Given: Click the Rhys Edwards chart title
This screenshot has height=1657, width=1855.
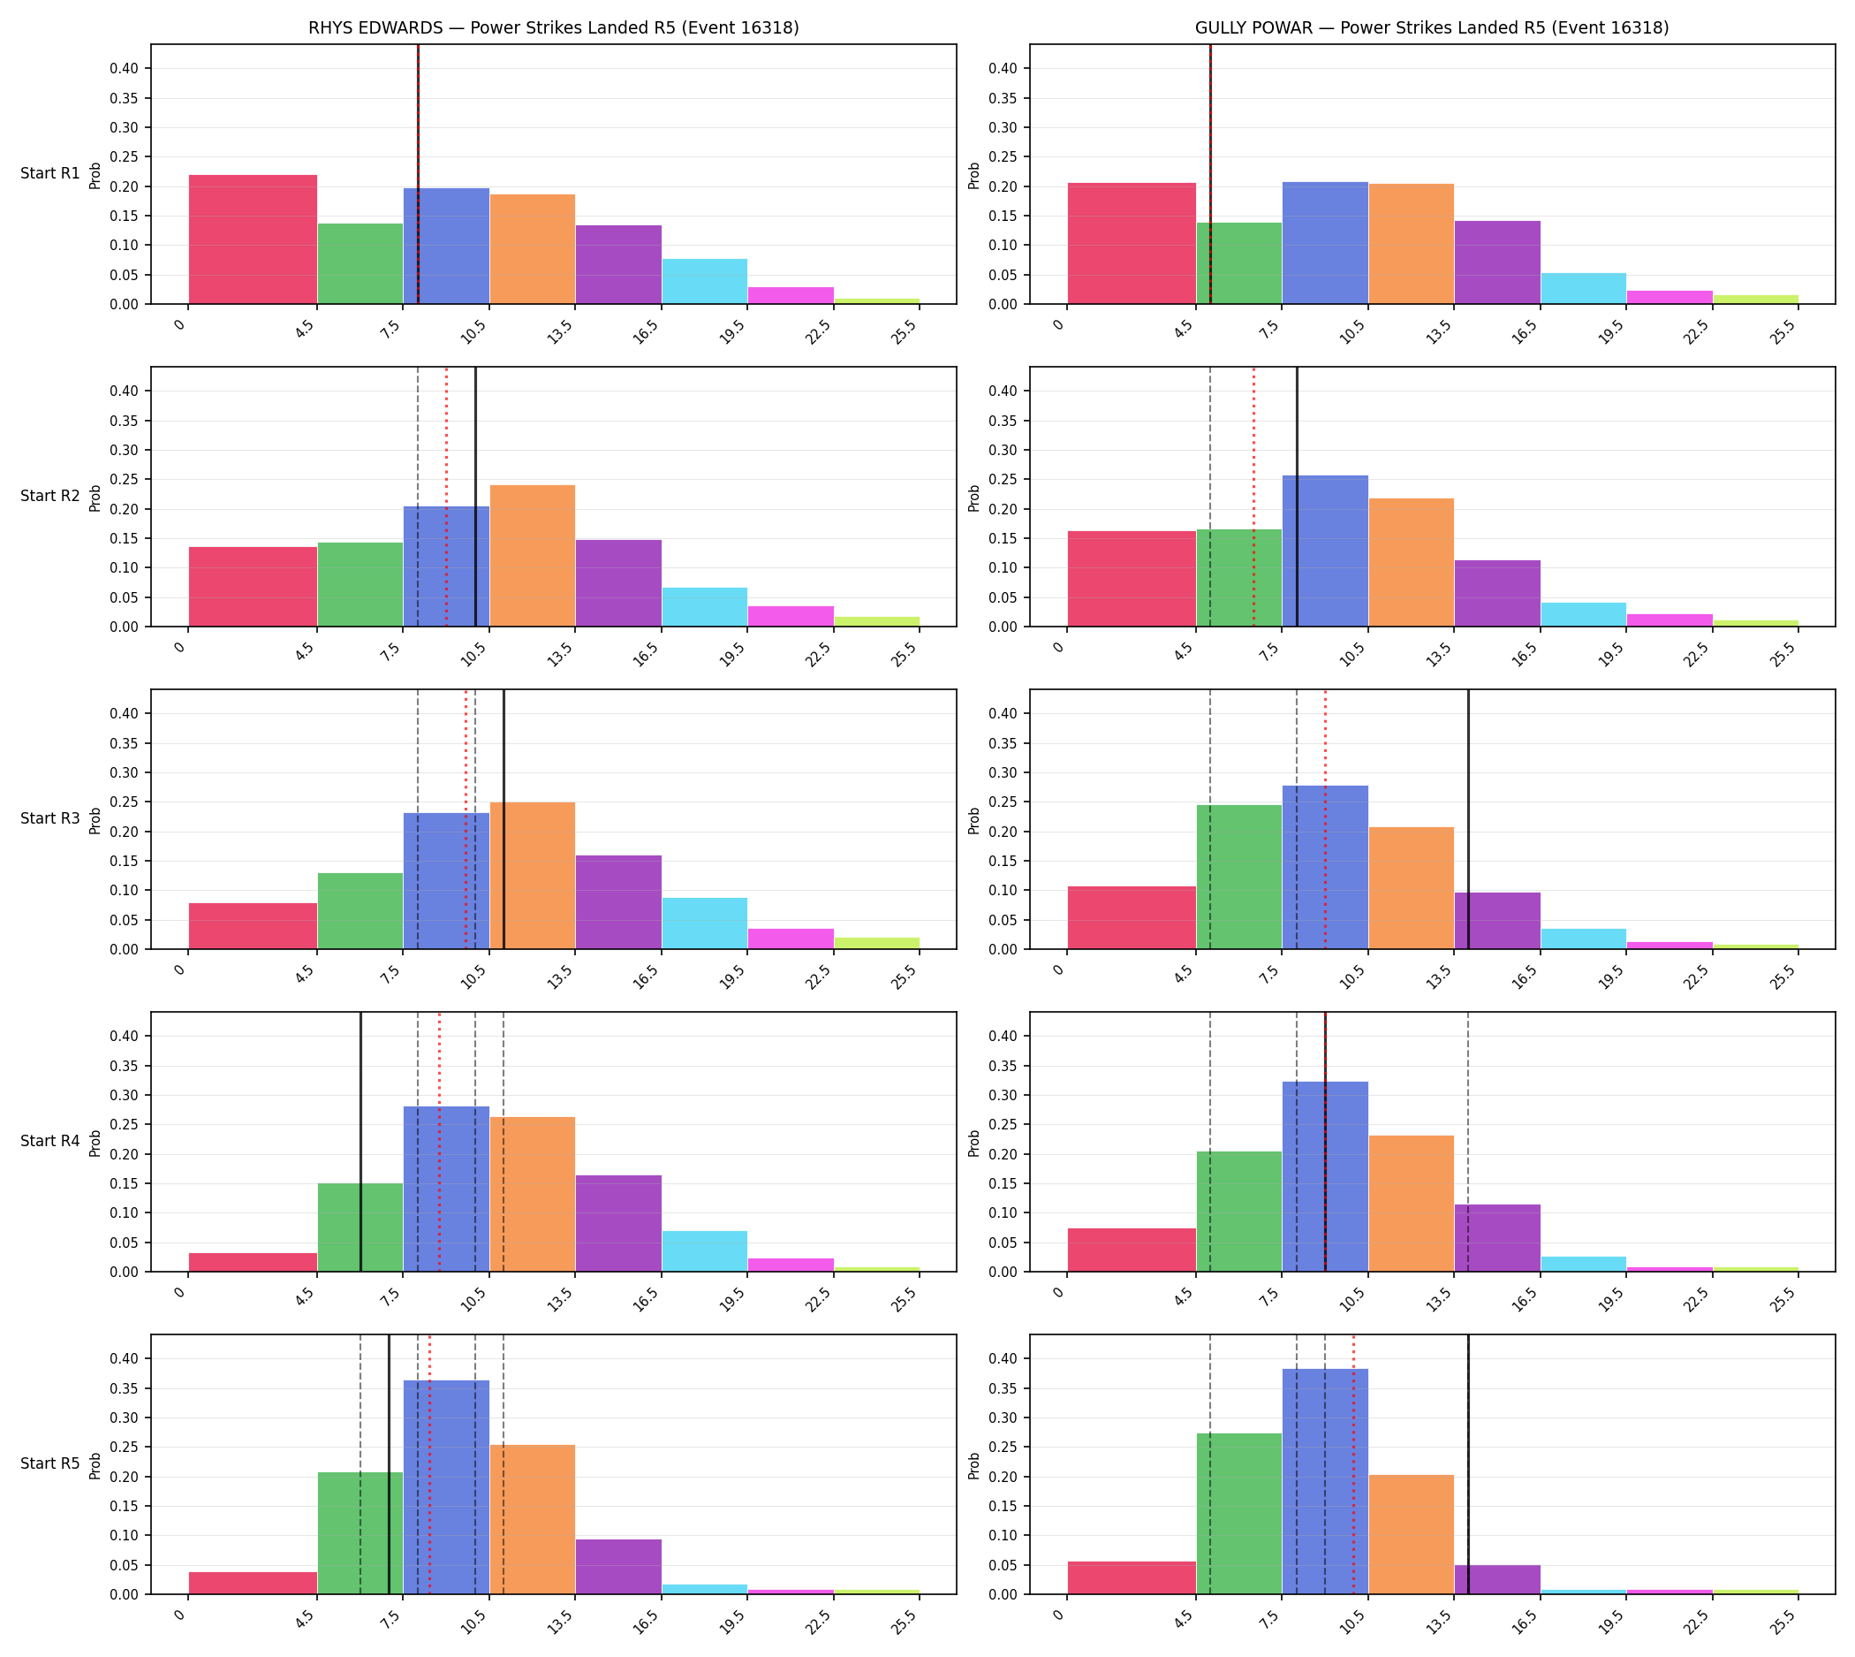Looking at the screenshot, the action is (553, 28).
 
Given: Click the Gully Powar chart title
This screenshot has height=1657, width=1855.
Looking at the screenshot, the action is (1432, 28).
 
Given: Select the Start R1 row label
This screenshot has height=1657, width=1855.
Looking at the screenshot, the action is (50, 173).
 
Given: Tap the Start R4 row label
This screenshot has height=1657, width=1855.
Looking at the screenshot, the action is (50, 1141).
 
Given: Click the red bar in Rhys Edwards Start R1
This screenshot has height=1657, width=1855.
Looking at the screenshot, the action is (253, 239).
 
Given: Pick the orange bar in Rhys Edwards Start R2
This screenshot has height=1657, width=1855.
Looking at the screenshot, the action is (533, 555).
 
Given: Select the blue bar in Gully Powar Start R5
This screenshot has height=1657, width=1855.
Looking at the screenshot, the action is (1325, 1481).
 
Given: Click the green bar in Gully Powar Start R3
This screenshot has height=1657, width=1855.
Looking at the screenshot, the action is (1238, 877).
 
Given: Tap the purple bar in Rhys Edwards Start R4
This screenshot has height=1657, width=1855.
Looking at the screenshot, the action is (619, 1223).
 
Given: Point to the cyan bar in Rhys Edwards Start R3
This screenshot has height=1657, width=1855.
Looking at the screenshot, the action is (705, 924).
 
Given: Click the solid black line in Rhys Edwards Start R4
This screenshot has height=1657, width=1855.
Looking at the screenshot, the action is (360, 1142).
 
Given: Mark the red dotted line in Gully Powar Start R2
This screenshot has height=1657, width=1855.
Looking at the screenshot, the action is (1253, 497).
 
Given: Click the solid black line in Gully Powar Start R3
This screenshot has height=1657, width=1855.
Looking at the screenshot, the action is (1468, 819).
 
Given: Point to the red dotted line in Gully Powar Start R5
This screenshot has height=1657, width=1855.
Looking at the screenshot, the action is (1353, 1464).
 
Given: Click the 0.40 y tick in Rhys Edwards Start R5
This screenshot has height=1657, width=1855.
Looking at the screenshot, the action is (125, 1359).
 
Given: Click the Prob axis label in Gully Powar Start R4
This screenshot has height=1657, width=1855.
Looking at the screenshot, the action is (974, 1143).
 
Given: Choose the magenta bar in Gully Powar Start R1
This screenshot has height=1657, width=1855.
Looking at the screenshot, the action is (1669, 297).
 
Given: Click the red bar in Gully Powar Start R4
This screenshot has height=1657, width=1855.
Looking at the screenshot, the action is (1132, 1250).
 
